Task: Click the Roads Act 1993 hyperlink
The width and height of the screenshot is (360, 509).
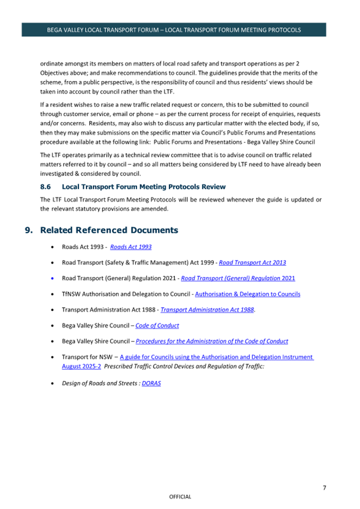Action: [131, 247]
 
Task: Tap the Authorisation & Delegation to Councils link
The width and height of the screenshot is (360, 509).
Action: [247, 294]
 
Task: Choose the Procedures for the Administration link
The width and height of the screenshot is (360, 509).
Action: [212, 341]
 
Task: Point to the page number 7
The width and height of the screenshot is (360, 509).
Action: [324, 487]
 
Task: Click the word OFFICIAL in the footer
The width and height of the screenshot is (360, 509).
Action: [180, 497]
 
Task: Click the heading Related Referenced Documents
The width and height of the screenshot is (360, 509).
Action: [109, 230]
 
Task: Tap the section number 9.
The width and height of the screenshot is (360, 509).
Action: [29, 230]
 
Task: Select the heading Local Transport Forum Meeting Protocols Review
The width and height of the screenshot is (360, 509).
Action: [143, 187]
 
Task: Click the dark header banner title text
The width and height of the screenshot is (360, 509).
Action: [174, 30]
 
